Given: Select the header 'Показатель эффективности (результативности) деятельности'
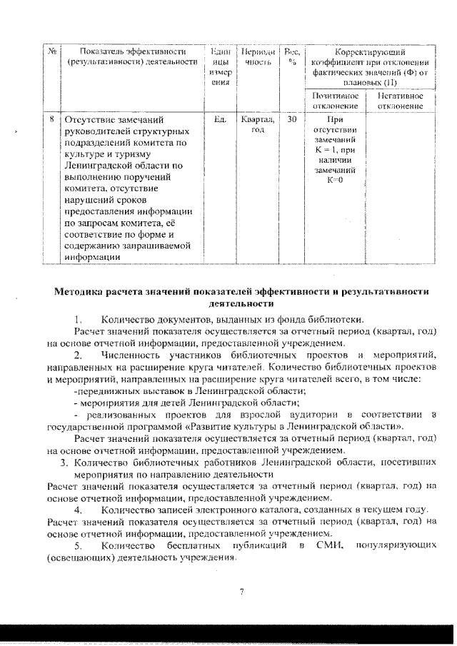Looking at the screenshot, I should (x=131, y=56).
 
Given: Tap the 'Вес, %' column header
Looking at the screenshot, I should (x=291, y=56).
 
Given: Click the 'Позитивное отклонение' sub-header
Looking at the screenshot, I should (x=335, y=101).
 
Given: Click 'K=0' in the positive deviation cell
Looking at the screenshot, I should (x=334, y=179).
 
